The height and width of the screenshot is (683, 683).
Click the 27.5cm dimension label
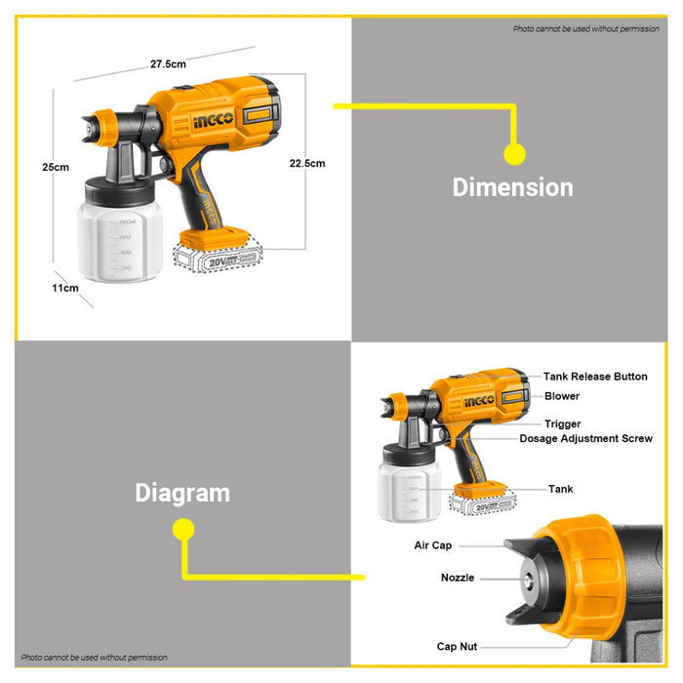click(x=168, y=64)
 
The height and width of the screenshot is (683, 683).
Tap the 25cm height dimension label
click(x=56, y=167)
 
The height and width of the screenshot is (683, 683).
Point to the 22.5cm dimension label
click(x=307, y=163)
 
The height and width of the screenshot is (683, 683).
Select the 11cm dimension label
click(x=65, y=288)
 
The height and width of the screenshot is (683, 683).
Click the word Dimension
click(x=512, y=187)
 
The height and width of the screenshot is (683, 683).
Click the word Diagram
click(x=182, y=493)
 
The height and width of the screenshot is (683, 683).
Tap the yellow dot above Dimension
click(x=514, y=153)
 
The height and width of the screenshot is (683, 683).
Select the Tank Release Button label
click(x=595, y=377)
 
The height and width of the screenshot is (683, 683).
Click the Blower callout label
click(x=562, y=396)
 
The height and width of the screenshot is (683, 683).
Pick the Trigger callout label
click(x=563, y=424)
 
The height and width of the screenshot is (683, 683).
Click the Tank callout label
click(x=561, y=489)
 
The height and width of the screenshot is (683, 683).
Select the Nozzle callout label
click(x=457, y=578)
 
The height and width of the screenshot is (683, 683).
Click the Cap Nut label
click(x=458, y=646)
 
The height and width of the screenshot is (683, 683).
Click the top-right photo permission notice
click(x=585, y=28)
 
